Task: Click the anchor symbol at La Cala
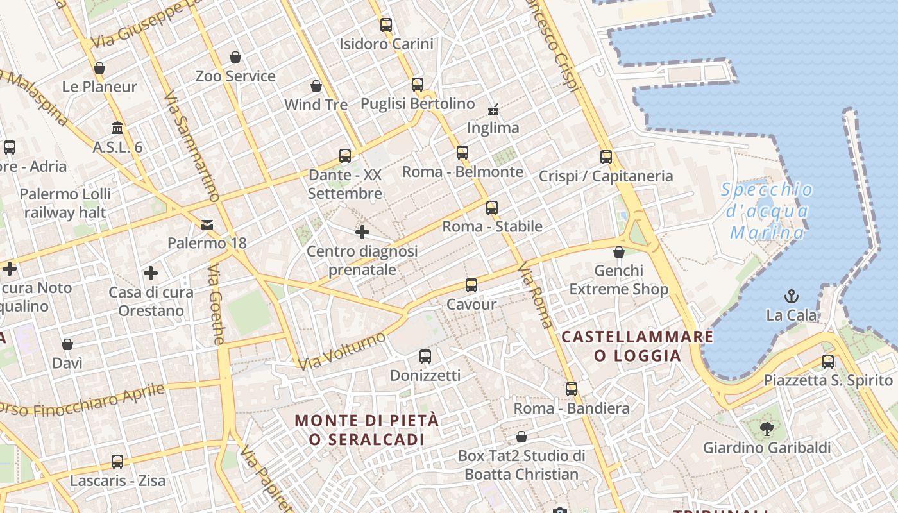792,296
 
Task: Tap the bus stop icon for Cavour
471,285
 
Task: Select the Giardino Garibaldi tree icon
766,428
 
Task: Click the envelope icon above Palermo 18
207,224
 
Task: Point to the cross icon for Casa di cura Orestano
151,274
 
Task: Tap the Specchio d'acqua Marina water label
767,210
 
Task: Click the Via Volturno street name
343,350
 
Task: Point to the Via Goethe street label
216,305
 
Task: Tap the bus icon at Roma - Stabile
492,208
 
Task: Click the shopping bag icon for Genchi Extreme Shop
619,252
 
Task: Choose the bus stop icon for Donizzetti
425,357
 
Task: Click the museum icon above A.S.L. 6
117,128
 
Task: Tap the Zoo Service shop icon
235,57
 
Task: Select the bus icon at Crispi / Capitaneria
606,157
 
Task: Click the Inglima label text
493,128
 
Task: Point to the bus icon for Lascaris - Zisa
117,462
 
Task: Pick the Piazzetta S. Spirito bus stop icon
828,362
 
